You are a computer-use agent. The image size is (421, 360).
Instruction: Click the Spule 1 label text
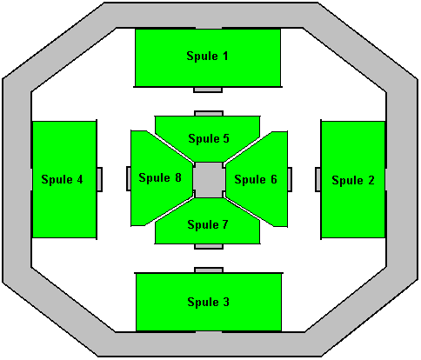coord(207,56)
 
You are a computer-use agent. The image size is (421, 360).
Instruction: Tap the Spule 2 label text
coord(353,180)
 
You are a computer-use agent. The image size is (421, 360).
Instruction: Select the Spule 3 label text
coord(208,302)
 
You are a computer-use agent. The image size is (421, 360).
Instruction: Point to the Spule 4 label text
coord(62,179)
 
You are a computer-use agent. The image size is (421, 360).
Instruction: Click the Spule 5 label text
coord(209,138)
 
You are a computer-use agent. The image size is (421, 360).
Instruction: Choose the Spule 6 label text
coord(256,179)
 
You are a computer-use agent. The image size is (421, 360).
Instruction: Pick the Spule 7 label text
coord(208,224)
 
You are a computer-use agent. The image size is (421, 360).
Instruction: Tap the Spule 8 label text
coord(160,177)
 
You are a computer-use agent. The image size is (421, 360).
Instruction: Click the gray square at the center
coord(209,180)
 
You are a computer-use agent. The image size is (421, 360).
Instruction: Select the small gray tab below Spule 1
coord(208,90)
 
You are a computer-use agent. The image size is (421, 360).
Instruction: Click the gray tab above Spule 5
coord(209,113)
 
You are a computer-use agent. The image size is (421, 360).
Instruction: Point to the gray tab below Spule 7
coord(209,246)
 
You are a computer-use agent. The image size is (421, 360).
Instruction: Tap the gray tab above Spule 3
coord(209,270)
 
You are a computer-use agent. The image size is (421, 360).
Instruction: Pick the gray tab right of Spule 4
coord(99,179)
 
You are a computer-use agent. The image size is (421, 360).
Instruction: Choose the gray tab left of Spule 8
coord(129,178)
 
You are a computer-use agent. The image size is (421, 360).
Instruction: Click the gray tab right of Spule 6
coord(290,179)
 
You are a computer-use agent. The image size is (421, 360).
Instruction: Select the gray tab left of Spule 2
coord(318,179)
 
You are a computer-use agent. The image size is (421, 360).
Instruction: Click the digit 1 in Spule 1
coord(225,56)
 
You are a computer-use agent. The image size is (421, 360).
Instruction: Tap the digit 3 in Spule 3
coord(226,302)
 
